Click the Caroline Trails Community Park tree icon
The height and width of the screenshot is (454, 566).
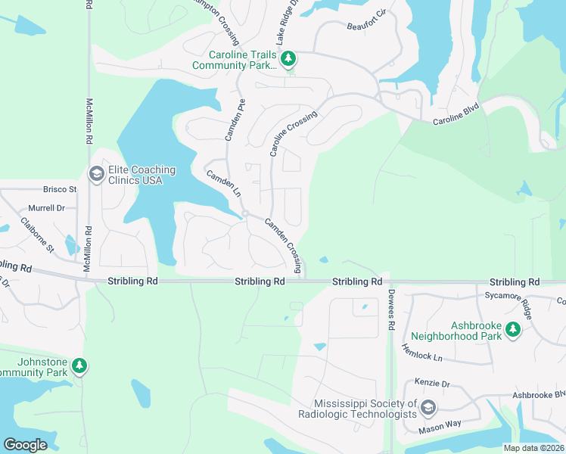click(x=288, y=59)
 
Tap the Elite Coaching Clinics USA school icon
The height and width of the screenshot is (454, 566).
click(x=96, y=175)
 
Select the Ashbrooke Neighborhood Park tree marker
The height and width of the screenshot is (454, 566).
click(x=513, y=329)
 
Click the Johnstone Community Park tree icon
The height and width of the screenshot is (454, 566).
click(x=79, y=367)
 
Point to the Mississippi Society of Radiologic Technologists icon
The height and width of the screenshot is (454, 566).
click(x=428, y=409)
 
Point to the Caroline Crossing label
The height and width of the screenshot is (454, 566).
click(x=293, y=134)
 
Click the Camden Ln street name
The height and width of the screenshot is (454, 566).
click(x=223, y=184)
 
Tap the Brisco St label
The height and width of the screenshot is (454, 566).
click(x=61, y=189)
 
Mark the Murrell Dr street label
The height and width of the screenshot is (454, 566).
click(x=47, y=207)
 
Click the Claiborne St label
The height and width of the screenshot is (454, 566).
click(x=38, y=235)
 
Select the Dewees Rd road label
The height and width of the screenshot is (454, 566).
click(x=391, y=310)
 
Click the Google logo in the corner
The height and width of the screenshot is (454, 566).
click(x=25, y=444)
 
